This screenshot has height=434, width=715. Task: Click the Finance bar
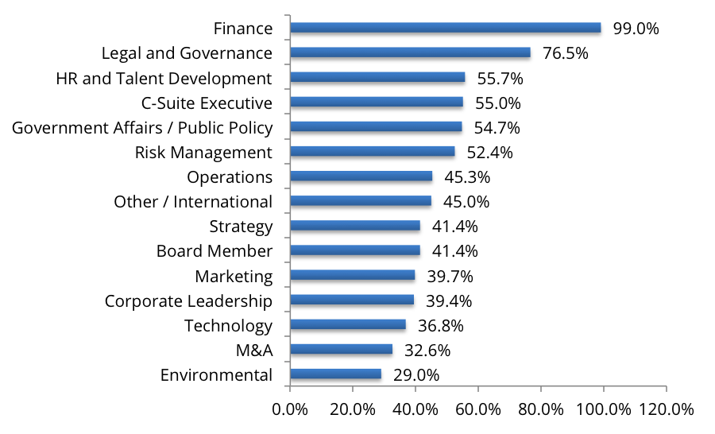(x=445, y=28)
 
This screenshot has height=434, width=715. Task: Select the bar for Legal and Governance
(x=410, y=52)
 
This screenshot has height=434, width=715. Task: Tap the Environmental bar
(x=335, y=374)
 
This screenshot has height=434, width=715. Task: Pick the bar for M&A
(x=341, y=349)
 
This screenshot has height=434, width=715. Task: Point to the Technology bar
(x=348, y=324)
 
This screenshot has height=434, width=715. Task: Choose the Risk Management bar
(x=373, y=151)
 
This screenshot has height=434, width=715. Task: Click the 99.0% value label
(x=636, y=29)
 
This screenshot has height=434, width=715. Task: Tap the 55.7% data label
(x=500, y=78)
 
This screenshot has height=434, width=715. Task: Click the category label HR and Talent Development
(x=164, y=78)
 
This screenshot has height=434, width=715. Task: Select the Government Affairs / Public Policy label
(x=142, y=127)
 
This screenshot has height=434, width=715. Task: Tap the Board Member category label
(x=214, y=251)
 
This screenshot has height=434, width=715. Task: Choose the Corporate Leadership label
(x=188, y=300)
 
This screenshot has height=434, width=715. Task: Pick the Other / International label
(x=193, y=201)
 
